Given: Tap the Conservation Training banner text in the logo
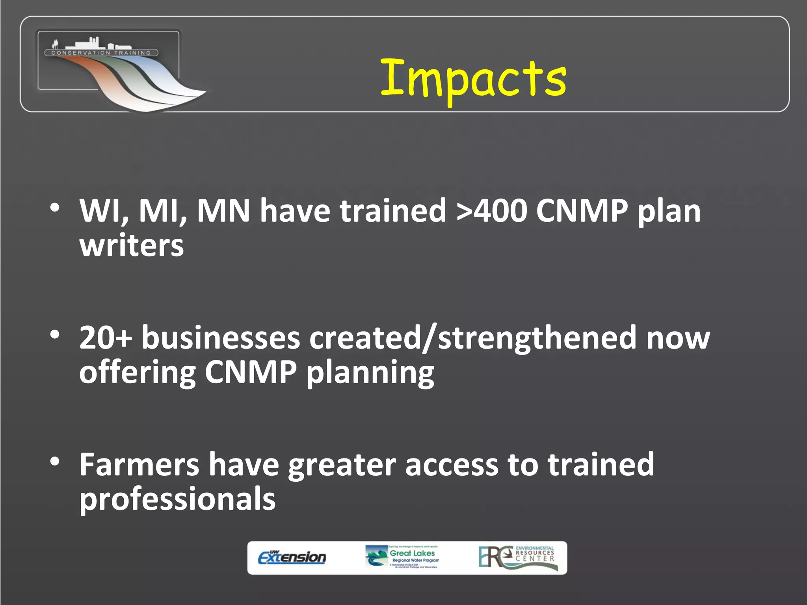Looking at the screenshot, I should pyautogui.click(x=101, y=53).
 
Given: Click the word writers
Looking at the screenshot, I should pyautogui.click(x=132, y=245).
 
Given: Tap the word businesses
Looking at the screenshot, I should pyautogui.click(x=221, y=338).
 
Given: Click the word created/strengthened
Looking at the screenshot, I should pyautogui.click(x=472, y=338).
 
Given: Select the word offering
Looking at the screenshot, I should pyautogui.click(x=138, y=372).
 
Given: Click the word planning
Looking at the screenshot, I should pyautogui.click(x=370, y=372).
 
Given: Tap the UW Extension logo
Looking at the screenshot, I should pyautogui.click(x=292, y=557).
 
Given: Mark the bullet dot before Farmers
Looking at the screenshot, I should pyautogui.click(x=55, y=461).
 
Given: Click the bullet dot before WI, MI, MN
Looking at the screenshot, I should pyautogui.click(x=55, y=207).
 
